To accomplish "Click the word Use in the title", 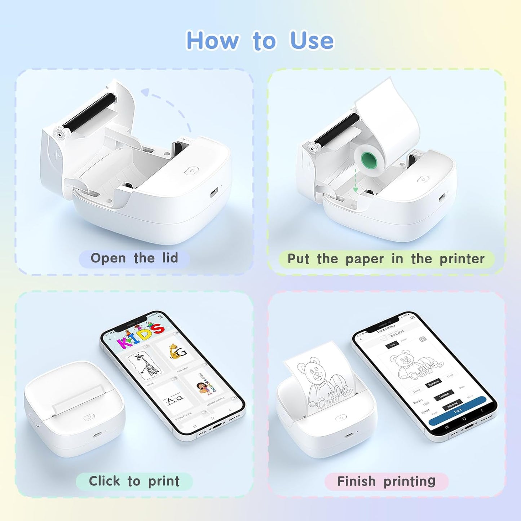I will (312, 40).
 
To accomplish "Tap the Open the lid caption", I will (134, 258).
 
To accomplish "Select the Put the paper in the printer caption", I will (386, 259).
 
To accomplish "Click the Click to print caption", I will (134, 481).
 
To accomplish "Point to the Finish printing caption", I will (386, 481).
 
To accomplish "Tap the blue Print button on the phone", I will (458, 411).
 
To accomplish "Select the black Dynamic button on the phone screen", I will (433, 383).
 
